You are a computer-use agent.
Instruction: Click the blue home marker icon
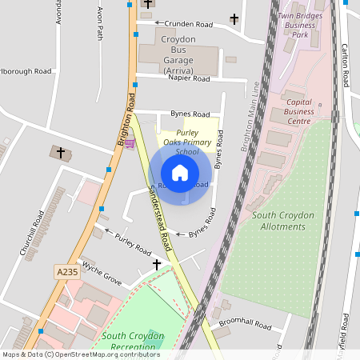point(180,172)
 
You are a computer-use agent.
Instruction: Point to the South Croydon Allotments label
point(279,221)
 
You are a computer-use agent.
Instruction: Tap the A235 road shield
point(67,273)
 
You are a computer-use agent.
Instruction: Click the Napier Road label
point(190,79)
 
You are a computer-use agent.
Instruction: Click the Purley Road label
point(133,243)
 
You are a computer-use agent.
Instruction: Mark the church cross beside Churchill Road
point(60,151)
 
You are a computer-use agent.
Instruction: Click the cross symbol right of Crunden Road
point(234,18)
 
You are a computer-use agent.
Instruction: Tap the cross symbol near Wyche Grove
point(157,264)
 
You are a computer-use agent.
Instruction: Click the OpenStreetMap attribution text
point(80,354)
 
